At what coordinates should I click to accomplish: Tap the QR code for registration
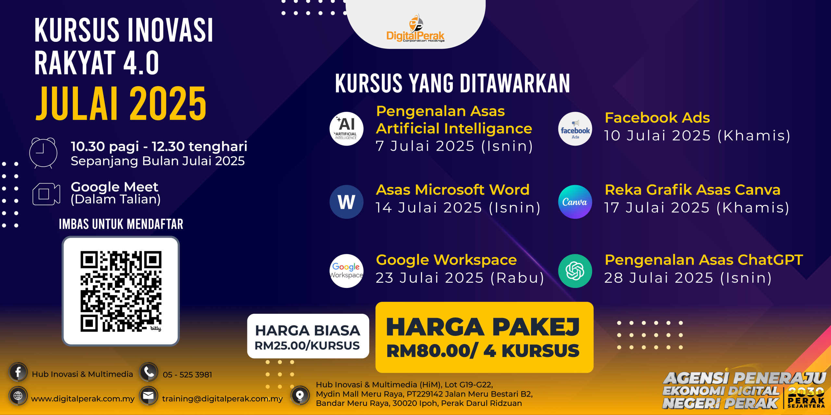(121, 291)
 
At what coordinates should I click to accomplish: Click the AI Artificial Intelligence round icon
(346, 129)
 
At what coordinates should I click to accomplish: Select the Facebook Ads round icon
(575, 129)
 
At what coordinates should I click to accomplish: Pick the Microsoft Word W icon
(346, 202)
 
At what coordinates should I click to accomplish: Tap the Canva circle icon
(575, 202)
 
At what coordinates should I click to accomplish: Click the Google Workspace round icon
(346, 271)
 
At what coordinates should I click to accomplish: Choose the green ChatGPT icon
(575, 271)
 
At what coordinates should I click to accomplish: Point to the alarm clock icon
(43, 153)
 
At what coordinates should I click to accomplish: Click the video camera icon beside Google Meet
(46, 194)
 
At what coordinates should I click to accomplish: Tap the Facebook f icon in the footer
(18, 372)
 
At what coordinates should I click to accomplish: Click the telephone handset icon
(149, 372)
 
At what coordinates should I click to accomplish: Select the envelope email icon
(149, 396)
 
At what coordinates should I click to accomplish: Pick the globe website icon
(18, 396)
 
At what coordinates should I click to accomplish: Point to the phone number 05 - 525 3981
(187, 375)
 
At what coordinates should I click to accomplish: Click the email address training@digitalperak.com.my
(222, 399)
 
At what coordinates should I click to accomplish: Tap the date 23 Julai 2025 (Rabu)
(460, 278)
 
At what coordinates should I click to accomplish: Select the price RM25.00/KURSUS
(307, 346)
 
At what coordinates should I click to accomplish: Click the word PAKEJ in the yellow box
(536, 327)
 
